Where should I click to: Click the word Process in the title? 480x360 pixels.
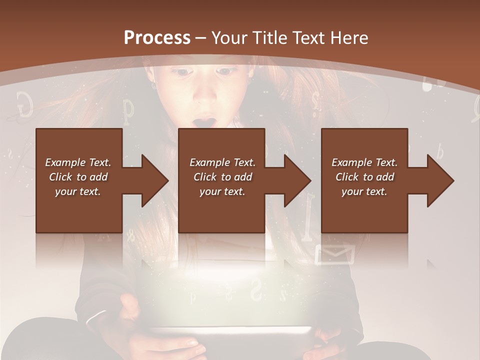pos(157,38)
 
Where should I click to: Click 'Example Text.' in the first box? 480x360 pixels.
pos(78,162)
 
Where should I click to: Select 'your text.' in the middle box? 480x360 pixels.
pos(222,191)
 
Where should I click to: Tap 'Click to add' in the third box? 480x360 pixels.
pos(364,177)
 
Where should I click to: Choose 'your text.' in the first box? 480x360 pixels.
pos(78,191)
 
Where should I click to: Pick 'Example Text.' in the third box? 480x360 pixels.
pos(364,162)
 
